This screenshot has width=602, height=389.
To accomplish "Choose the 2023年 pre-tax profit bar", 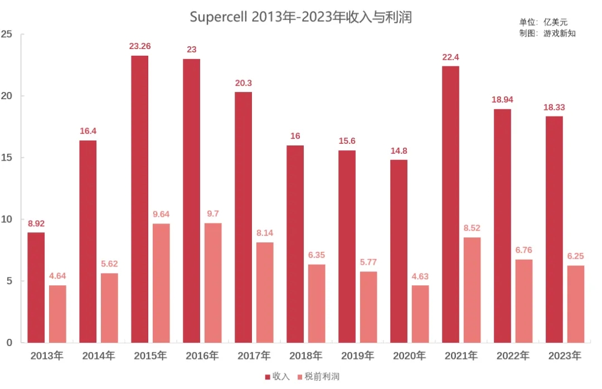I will pos(576,304).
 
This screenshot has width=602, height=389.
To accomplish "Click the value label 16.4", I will pos(88,131).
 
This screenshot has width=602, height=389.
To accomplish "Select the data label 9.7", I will pos(213,213).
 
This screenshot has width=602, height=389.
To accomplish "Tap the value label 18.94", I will pos(502,100).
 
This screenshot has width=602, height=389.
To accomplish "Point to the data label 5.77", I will pos(368,262).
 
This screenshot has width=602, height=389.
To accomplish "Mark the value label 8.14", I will pos(265,233).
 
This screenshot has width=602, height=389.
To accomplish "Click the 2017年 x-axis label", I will pos(254,356).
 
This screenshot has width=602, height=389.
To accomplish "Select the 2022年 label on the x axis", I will pos(513,356).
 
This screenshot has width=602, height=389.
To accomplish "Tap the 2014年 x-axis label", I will pos(98,356).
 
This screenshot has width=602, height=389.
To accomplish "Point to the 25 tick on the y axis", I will pos(7,34).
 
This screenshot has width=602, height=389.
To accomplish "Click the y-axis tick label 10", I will pos(7,219).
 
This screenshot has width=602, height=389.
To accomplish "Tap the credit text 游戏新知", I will pos(559,33).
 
